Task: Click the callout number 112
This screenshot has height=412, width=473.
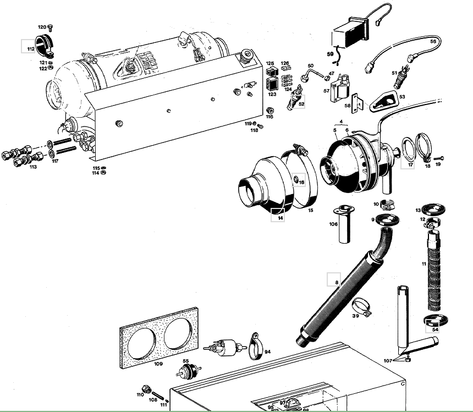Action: pos(30,49)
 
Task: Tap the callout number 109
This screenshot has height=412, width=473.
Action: pos(158,364)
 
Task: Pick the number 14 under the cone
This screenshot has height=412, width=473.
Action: pos(280,218)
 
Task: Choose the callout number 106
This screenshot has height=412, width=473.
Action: pos(333,224)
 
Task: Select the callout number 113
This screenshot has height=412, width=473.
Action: pos(33,167)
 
